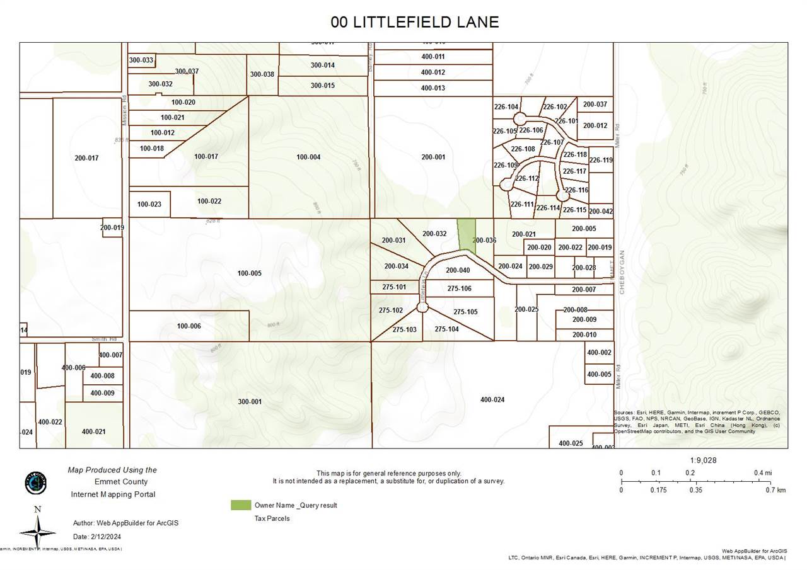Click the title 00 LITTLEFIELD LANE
click(414, 22)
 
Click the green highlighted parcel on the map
click(466, 234)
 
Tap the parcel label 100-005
click(249, 273)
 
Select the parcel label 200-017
click(86, 158)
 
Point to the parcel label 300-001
click(250, 401)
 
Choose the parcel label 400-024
click(492, 399)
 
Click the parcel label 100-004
click(308, 157)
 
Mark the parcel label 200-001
click(433, 157)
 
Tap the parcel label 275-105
click(465, 312)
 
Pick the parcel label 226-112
click(526, 178)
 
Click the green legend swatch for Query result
click(240, 505)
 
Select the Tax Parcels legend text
click(272, 518)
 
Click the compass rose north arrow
click(37, 529)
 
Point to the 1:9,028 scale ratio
click(703, 460)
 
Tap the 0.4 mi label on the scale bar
click(762, 473)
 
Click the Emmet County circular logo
click(35, 482)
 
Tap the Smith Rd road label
click(105, 339)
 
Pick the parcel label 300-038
click(262, 74)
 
